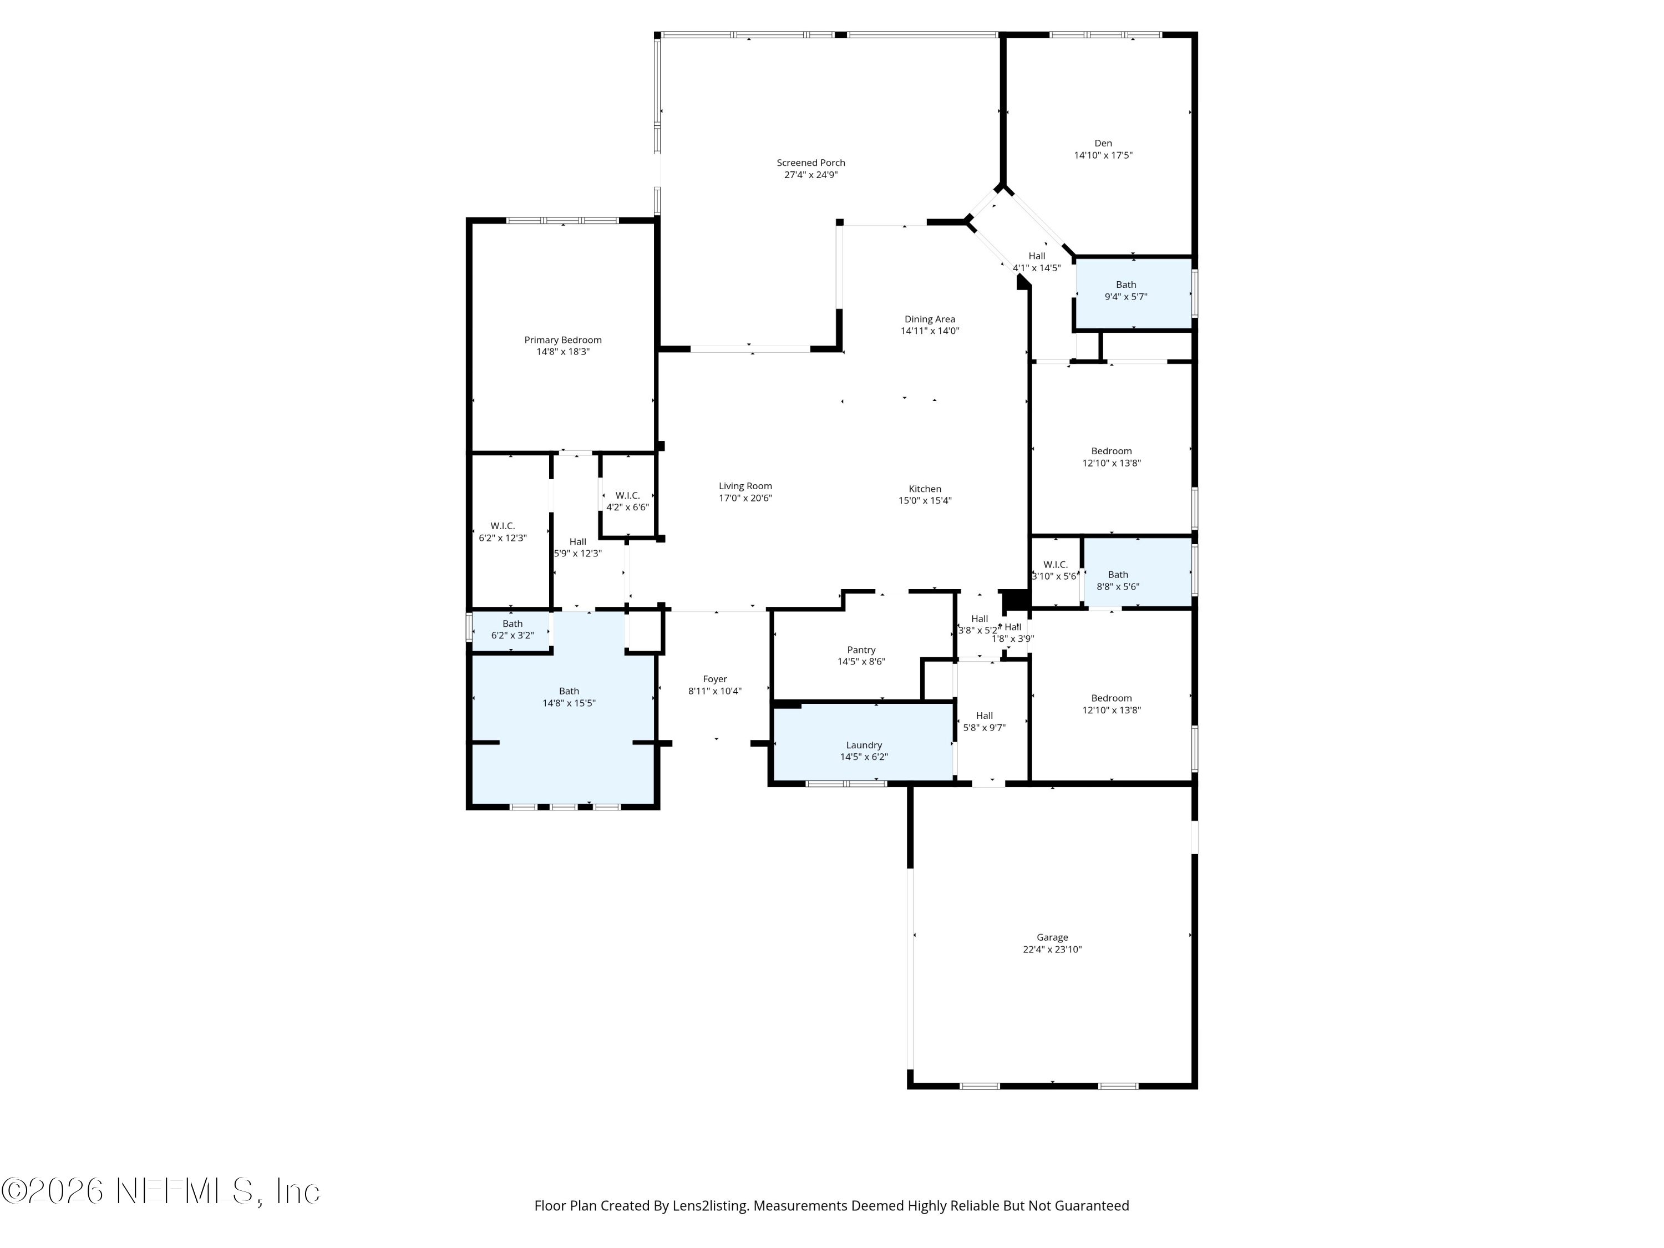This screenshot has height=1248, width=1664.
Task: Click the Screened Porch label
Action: [x=810, y=163]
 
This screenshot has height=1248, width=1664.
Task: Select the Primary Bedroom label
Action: [x=562, y=340]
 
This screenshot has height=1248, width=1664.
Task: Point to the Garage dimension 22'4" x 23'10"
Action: [x=1052, y=950]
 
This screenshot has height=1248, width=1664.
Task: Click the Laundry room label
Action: [x=864, y=745]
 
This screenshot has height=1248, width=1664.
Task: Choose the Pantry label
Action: [x=861, y=650]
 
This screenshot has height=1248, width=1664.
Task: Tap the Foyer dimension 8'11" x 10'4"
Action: [x=714, y=691]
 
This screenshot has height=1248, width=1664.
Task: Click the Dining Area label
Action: [x=929, y=319]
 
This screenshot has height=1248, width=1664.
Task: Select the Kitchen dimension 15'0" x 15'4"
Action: [x=925, y=501]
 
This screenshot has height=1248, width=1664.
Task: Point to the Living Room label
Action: [x=745, y=486]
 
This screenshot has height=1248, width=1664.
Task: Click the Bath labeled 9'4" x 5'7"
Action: [x=1125, y=285]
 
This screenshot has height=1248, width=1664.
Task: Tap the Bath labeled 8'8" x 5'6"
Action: [x=1117, y=575]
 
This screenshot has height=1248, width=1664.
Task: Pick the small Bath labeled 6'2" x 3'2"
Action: [x=513, y=623]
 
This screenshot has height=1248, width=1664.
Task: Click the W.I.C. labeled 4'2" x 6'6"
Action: [x=627, y=496]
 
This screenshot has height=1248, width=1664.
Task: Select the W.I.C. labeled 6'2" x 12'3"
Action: [x=503, y=526]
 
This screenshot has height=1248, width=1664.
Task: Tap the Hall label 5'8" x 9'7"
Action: [x=984, y=716]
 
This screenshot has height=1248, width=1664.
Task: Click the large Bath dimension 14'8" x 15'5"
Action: [x=569, y=703]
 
